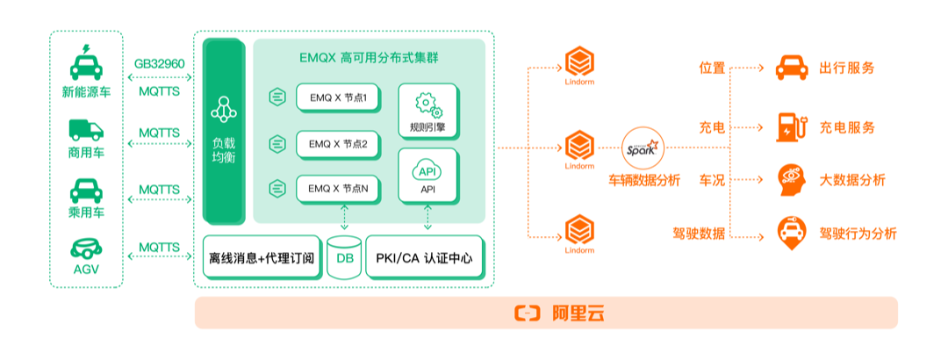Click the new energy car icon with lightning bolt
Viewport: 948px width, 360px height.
(x=86, y=62)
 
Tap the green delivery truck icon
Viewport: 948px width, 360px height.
(x=86, y=130)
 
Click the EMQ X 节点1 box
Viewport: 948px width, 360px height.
(x=338, y=97)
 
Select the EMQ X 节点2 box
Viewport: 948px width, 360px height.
(x=338, y=145)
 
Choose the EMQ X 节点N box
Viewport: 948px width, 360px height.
(x=338, y=189)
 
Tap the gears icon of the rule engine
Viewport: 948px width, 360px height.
(x=428, y=105)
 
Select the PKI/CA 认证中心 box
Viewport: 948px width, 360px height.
(x=425, y=257)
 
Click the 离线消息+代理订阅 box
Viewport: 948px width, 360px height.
(x=262, y=257)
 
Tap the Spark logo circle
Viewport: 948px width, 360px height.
(x=643, y=148)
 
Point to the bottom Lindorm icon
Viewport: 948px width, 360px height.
(x=580, y=233)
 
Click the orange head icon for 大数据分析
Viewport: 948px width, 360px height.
(x=791, y=180)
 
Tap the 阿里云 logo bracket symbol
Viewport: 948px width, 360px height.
(x=527, y=313)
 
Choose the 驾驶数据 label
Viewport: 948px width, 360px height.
(x=699, y=234)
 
